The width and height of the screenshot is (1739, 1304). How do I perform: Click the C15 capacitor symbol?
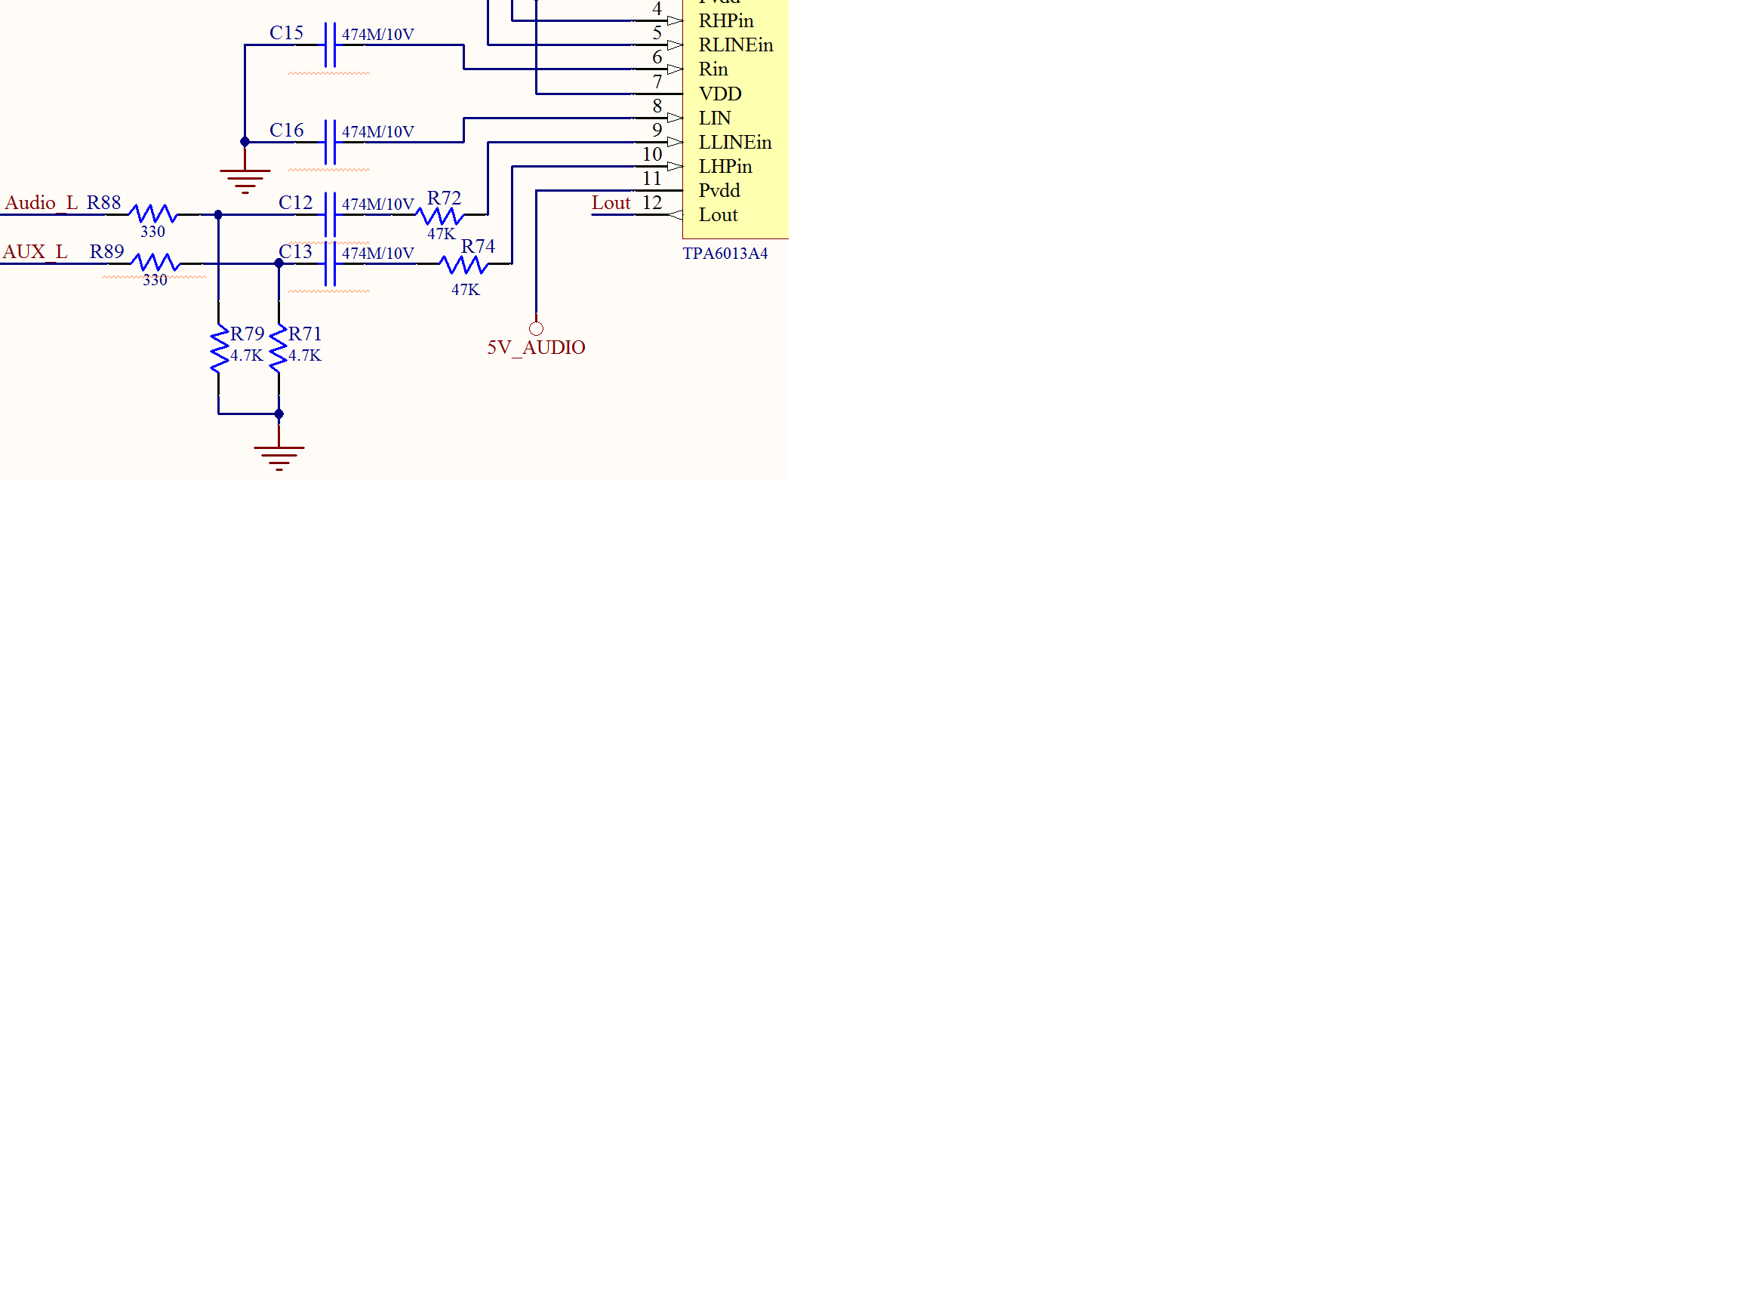pyautogui.click(x=330, y=45)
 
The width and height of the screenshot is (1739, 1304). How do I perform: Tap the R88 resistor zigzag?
pyautogui.click(x=152, y=214)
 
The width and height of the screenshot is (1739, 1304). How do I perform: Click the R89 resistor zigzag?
pyautogui.click(x=155, y=263)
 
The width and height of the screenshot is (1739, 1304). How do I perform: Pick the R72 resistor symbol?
pyautogui.click(x=440, y=215)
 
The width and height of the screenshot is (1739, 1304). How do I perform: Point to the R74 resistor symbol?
pyautogui.click(x=465, y=266)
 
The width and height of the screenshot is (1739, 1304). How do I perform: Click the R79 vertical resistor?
pyautogui.click(x=220, y=348)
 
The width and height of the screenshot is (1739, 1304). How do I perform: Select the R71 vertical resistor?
pyautogui.click(x=279, y=348)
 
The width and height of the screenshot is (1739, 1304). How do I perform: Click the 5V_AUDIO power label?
pyautogui.click(x=536, y=347)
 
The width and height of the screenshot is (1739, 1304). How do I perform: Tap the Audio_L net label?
pyautogui.click(x=41, y=203)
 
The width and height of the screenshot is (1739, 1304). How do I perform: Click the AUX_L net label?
pyautogui.click(x=35, y=251)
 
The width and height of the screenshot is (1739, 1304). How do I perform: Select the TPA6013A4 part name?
pyautogui.click(x=725, y=253)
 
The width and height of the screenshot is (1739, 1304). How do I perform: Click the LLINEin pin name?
pyautogui.click(x=735, y=143)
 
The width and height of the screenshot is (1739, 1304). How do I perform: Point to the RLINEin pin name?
pyautogui.click(x=736, y=45)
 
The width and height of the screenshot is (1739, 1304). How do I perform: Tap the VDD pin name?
pyautogui.click(x=720, y=94)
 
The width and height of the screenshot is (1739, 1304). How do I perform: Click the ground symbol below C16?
pyautogui.click(x=245, y=181)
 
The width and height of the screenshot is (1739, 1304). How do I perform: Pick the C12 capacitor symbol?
pyautogui.click(x=330, y=214)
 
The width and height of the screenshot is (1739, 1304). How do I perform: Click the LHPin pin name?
pyautogui.click(x=725, y=167)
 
